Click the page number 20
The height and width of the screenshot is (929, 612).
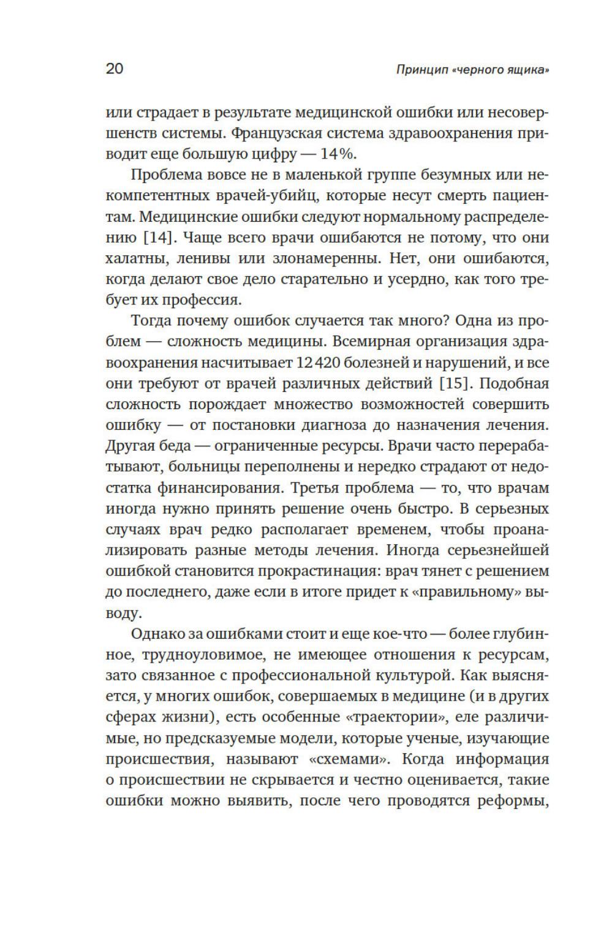115,69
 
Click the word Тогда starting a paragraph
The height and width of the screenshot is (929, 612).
153,321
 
